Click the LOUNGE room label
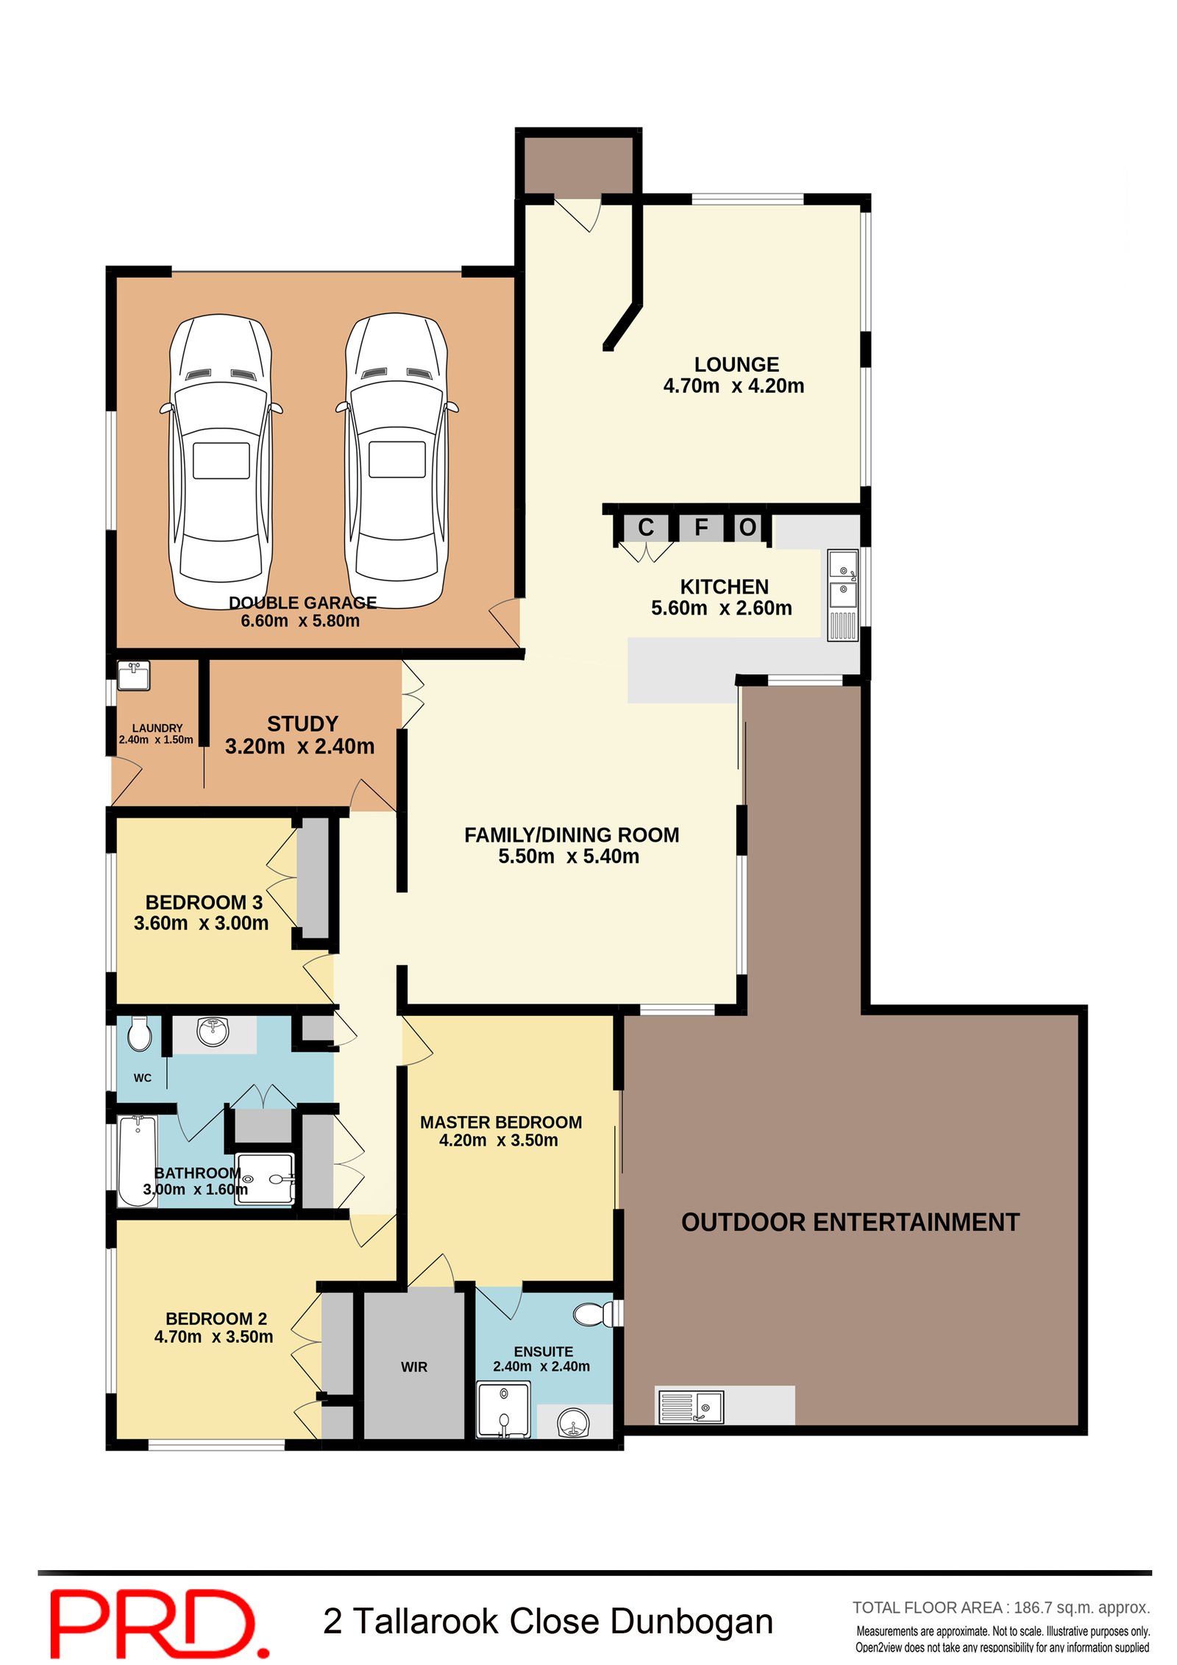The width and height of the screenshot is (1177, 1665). point(736,364)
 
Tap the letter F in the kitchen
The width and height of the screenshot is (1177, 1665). point(700,527)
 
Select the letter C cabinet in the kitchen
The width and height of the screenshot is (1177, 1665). point(645,527)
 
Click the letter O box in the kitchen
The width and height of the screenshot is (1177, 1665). point(747,527)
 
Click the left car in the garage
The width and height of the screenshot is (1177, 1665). point(221,460)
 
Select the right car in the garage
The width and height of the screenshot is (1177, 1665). point(397,460)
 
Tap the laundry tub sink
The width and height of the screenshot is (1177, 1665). point(134,675)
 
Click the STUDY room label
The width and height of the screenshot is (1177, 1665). point(302,724)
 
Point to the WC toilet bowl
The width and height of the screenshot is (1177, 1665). point(139,1034)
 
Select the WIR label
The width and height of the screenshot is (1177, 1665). point(414,1367)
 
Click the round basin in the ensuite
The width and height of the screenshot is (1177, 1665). point(573,1422)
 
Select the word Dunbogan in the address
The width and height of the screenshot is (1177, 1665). point(691,1622)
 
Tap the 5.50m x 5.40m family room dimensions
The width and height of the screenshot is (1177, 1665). point(568,856)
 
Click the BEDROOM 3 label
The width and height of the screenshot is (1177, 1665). point(204,902)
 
